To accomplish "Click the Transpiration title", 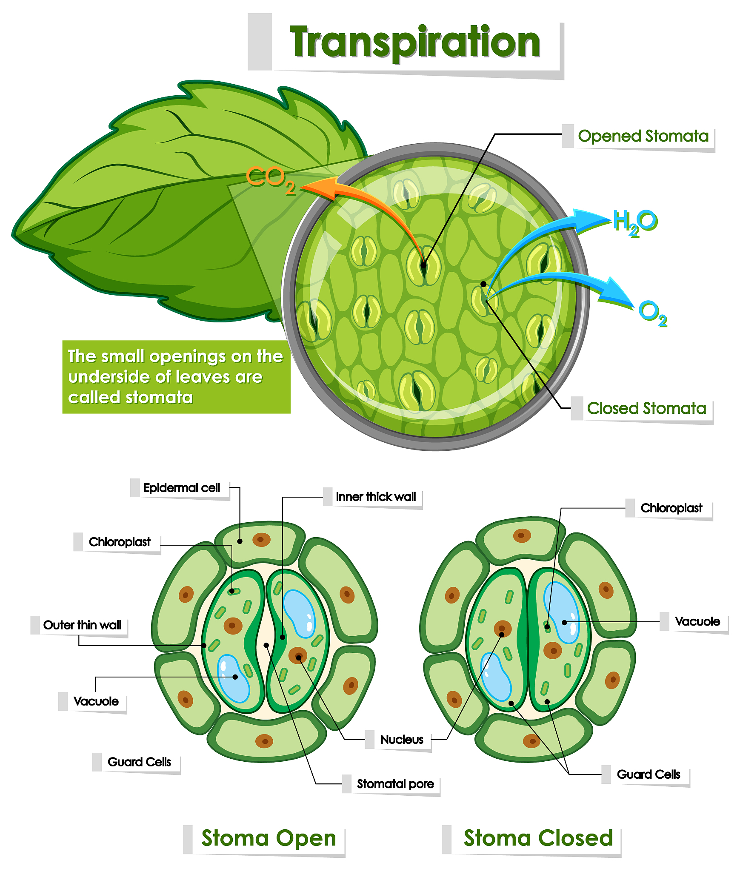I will tap(414, 43).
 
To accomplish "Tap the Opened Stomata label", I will tap(643, 136).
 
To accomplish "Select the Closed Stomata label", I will tap(646, 408).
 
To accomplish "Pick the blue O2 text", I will tap(652, 313).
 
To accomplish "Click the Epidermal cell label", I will tap(182, 488).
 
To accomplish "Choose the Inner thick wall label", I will tap(376, 497).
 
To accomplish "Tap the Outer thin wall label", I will tap(82, 625).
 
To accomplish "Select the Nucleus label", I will tap(402, 740).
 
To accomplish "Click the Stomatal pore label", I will tap(395, 784).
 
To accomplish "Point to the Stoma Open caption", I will tap(269, 838).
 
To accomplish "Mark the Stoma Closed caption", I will tap(538, 838).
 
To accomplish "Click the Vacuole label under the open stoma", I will tap(96, 701).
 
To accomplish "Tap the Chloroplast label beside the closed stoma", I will tap(671, 508).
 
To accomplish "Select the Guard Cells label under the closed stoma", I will tap(648, 774).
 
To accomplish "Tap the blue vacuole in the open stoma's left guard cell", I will tap(233, 678).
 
